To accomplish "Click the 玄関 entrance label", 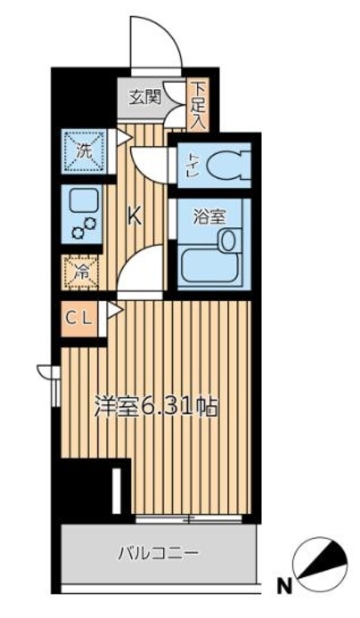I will tap(145, 96).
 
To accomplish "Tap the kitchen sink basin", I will tap(82, 201).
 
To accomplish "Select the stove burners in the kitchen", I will tap(83, 229).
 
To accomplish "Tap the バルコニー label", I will tap(157, 552).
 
